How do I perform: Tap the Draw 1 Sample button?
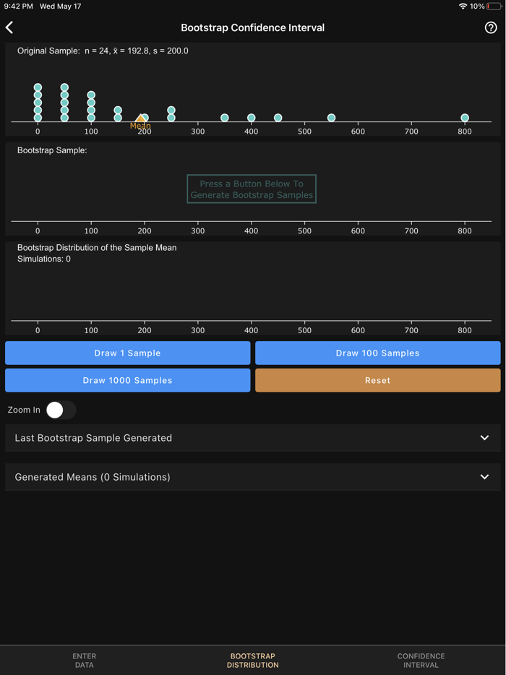pyautogui.click(x=128, y=353)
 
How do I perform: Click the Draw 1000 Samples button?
pyautogui.click(x=128, y=380)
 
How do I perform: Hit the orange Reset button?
pyautogui.click(x=377, y=380)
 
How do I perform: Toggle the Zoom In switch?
pyautogui.click(x=61, y=410)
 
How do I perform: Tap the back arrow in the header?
pyautogui.click(x=9, y=27)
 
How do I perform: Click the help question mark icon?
pyautogui.click(x=491, y=27)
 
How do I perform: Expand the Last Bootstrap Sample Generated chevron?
pyautogui.click(x=484, y=438)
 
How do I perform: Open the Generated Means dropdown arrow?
pyautogui.click(x=484, y=477)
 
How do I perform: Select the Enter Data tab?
pyautogui.click(x=84, y=661)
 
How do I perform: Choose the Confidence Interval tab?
pyautogui.click(x=421, y=661)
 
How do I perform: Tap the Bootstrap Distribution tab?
pyautogui.click(x=252, y=661)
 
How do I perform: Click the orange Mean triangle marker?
pyautogui.click(x=140, y=119)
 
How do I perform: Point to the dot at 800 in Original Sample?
pyautogui.click(x=465, y=118)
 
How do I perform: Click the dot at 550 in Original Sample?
pyautogui.click(x=331, y=118)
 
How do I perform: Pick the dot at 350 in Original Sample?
pyautogui.click(x=225, y=118)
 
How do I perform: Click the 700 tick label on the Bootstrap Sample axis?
pyautogui.click(x=411, y=231)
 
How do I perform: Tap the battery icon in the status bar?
pyautogui.click(x=494, y=7)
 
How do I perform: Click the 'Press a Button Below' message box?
pyautogui.click(x=252, y=189)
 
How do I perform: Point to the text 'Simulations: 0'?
pyautogui.click(x=44, y=259)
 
